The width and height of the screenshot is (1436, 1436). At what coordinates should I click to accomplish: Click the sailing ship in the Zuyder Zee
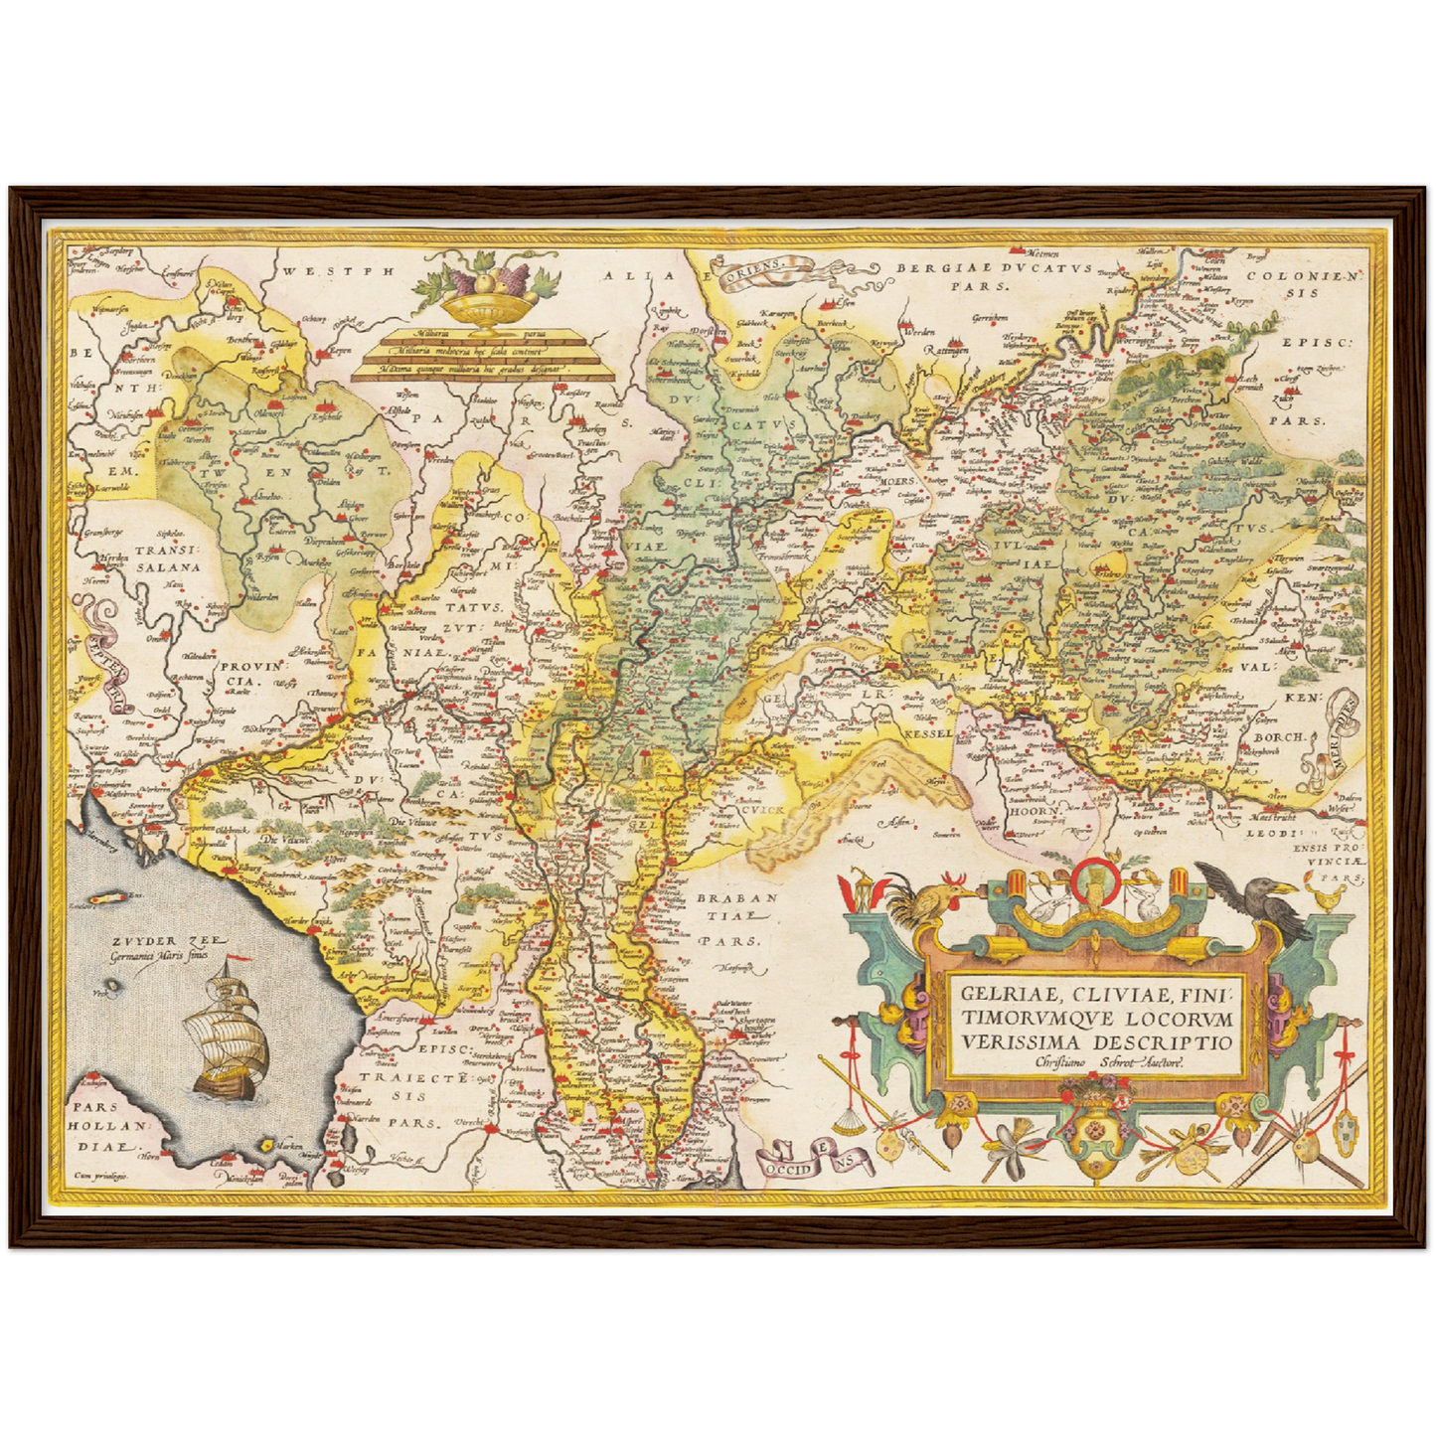click(x=231, y=1038)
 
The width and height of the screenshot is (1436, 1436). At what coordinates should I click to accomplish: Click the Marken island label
click(x=288, y=1146)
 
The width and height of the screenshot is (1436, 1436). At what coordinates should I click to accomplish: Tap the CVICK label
click(x=763, y=810)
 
